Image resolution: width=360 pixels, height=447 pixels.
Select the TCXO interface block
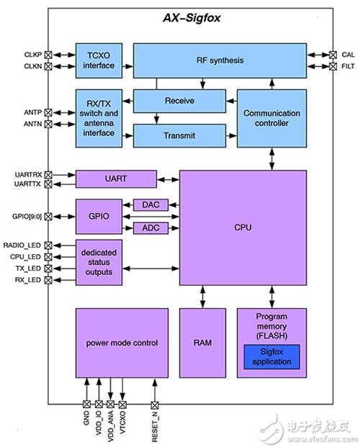tap(99, 60)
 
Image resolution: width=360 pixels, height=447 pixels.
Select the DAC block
tap(150, 206)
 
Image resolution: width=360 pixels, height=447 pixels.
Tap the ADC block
tap(150, 229)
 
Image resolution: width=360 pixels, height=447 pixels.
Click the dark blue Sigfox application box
tap(271, 356)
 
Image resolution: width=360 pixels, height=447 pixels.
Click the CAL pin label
tap(348, 54)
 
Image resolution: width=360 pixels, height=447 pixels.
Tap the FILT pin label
tap(348, 66)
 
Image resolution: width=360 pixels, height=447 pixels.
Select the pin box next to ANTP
tap(49, 112)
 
